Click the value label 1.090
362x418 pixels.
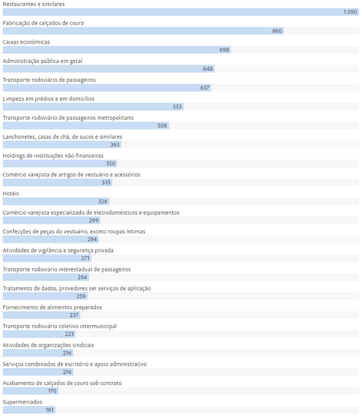[350, 12]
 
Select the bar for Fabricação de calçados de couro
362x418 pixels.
[141, 31]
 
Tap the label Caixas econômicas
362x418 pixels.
[26, 42]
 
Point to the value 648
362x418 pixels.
[208, 69]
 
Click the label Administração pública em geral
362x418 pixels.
[42, 61]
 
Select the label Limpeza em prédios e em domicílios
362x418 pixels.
[48, 99]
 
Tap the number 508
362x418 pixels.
[162, 126]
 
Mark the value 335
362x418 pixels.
[106, 183]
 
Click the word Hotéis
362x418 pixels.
[11, 194]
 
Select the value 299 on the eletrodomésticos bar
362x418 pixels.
[94, 220]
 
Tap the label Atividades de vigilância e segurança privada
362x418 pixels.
[58, 250]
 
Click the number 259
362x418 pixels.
[81, 296]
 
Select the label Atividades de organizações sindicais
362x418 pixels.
[48, 345]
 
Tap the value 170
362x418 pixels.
[52, 391]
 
